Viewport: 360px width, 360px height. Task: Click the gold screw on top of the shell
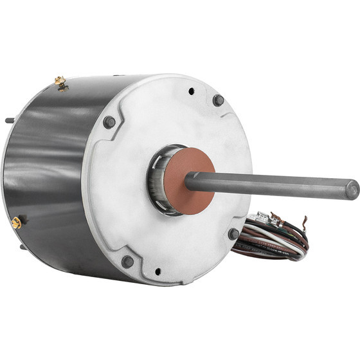tap(60, 82)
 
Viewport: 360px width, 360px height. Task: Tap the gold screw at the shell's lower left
tap(16, 222)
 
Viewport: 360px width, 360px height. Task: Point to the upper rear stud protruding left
tap(8, 120)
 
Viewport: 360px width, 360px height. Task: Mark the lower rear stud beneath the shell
tap(23, 246)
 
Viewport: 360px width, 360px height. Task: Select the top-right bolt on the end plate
tap(218, 100)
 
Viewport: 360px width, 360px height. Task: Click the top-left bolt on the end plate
tap(109, 122)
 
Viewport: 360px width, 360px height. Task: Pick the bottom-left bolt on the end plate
tap(127, 261)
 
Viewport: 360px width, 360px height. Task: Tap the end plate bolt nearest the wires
tap(233, 234)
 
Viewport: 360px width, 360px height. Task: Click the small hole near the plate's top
tap(192, 91)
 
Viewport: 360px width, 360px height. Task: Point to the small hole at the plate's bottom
tap(157, 271)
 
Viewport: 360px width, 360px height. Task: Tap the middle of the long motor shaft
tap(270, 185)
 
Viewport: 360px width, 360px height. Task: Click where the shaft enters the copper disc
tap(192, 181)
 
